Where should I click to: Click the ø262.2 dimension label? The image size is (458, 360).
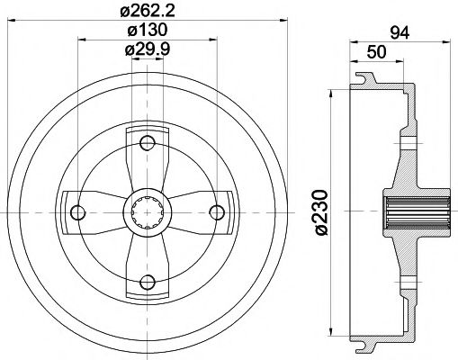coord(148,13)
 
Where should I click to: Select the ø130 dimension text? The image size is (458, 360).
coord(148,31)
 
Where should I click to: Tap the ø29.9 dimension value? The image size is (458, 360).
coord(148,49)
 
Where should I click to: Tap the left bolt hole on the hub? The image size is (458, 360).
coord(78,211)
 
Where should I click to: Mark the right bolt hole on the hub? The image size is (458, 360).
coord(217,211)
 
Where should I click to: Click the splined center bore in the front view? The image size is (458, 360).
coord(148,211)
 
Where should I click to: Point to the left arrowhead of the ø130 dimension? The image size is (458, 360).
coord(82,39)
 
